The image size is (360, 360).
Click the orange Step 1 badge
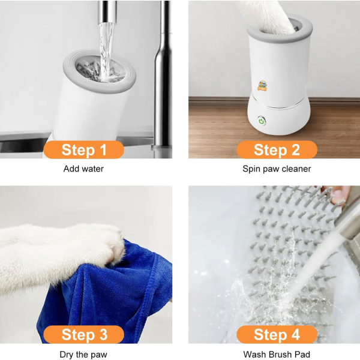pyautogui.click(x=83, y=149)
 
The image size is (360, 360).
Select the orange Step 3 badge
pyautogui.click(x=83, y=334)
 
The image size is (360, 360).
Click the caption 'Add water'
pyautogui.click(x=83, y=169)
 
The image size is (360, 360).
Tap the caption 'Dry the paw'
pyautogui.click(x=83, y=354)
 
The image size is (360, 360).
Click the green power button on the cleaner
pyautogui.click(x=262, y=119)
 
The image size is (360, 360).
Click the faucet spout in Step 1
pyautogui.click(x=108, y=12)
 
